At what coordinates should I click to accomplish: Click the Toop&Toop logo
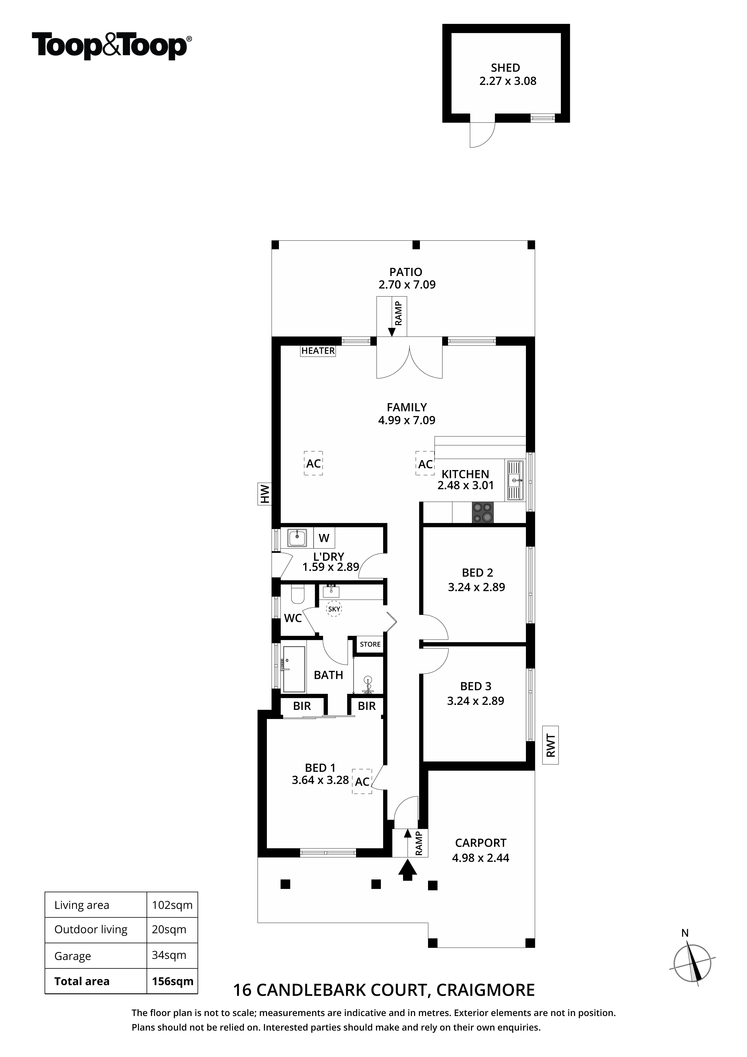(112, 46)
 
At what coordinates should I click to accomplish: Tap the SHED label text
(505, 68)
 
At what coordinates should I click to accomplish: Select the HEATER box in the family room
(318, 351)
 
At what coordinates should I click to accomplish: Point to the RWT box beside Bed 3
(551, 745)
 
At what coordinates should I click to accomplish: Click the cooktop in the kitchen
(483, 513)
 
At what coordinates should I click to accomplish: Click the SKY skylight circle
(334, 609)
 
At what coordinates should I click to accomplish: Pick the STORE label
(370, 644)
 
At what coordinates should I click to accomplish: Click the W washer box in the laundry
(324, 538)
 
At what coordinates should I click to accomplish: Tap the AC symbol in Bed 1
(362, 781)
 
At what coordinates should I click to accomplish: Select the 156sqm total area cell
(173, 981)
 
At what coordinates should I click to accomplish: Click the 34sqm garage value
(169, 955)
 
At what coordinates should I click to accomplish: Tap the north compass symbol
(692, 963)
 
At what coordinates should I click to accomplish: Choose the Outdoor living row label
(91, 930)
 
